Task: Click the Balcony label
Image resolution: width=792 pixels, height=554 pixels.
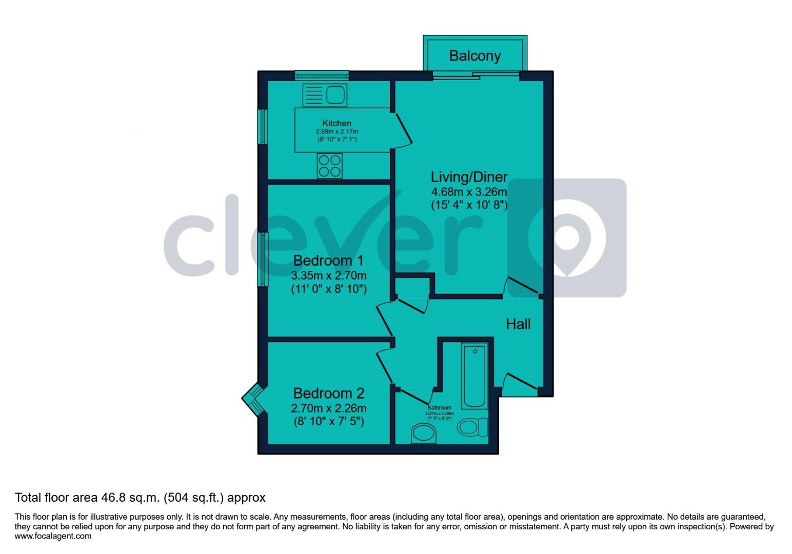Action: point(474,55)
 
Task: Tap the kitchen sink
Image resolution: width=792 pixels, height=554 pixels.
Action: point(325,95)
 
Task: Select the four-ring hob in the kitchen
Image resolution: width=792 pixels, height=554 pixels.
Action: point(330,166)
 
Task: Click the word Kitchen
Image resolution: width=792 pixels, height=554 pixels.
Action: point(336,123)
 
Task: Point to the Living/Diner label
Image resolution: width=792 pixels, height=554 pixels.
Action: point(469,177)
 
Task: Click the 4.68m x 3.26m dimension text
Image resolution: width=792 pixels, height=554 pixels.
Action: point(469,192)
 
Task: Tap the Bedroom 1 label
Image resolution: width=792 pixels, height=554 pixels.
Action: point(328,261)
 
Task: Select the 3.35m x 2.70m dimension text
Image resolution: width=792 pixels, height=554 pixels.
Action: point(328,275)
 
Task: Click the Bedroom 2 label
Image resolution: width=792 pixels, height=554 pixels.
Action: point(328,393)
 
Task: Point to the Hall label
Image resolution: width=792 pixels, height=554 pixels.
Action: point(518,324)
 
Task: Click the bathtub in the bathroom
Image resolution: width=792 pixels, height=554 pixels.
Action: point(475,375)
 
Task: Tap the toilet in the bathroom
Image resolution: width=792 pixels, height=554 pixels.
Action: point(473,427)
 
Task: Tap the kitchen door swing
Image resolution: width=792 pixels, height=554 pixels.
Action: point(403,130)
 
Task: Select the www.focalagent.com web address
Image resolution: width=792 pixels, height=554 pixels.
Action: point(53,536)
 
